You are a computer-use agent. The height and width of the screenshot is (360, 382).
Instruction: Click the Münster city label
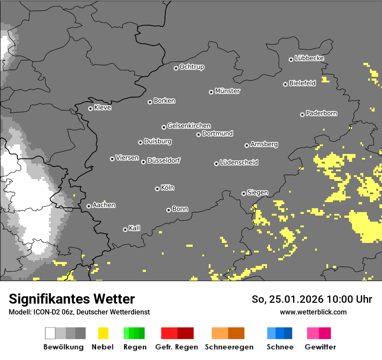click(x=227, y=91)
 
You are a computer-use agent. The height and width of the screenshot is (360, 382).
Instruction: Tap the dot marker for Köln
click(x=157, y=189)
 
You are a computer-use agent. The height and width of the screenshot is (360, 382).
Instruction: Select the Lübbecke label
click(x=309, y=58)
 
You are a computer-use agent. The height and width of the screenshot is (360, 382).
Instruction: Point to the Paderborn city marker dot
click(x=302, y=115)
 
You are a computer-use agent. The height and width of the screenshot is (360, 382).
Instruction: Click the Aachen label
click(x=104, y=205)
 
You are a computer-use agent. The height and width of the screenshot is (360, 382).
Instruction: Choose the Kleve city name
click(x=102, y=108)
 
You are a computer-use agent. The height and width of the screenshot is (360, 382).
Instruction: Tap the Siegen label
click(x=257, y=193)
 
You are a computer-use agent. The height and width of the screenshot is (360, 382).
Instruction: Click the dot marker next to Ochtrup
click(x=176, y=68)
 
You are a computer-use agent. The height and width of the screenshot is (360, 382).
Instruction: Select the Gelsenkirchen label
click(x=189, y=126)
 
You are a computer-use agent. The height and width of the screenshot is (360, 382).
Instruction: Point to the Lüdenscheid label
click(x=239, y=163)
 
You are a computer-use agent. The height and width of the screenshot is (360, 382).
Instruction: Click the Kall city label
click(x=134, y=228)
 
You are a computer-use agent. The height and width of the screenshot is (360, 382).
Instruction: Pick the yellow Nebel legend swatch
click(x=103, y=333)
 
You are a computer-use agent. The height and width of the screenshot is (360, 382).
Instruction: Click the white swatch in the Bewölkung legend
click(x=50, y=333)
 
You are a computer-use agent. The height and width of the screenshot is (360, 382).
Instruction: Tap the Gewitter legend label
click(x=320, y=347)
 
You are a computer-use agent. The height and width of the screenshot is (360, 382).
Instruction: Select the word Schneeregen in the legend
click(x=228, y=347)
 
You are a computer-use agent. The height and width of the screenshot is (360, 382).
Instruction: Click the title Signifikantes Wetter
click(x=72, y=299)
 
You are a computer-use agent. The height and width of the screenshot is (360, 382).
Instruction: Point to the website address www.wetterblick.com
click(x=313, y=312)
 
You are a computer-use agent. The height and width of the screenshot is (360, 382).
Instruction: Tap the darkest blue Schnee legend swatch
click(x=288, y=333)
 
